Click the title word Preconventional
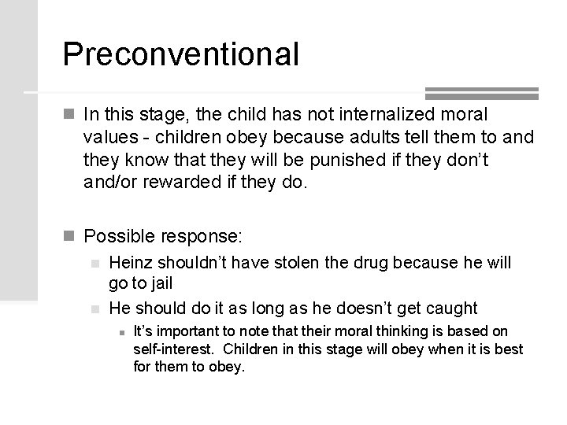(180, 54)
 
